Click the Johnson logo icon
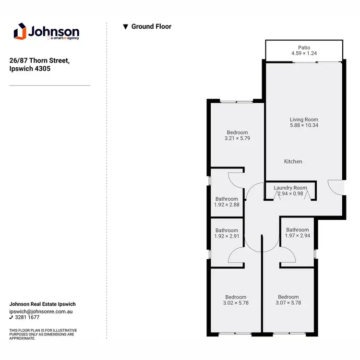tap(19, 32)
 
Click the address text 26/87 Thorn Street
tap(40, 60)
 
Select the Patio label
tap(304, 48)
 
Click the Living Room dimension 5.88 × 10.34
tap(304, 125)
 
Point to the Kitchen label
tap(293, 162)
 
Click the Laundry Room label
tap(290, 188)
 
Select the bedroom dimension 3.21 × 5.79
tap(237, 138)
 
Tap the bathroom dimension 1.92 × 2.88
tap(227, 204)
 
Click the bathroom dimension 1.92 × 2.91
tap(227, 236)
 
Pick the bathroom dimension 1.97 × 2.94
tap(297, 236)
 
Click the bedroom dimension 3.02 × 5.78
tap(236, 303)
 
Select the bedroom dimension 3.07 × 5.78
tap(288, 303)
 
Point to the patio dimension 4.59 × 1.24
tap(304, 54)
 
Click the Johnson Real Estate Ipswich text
tap(43, 304)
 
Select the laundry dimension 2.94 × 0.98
tap(290, 193)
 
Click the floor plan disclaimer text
tap(43, 335)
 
